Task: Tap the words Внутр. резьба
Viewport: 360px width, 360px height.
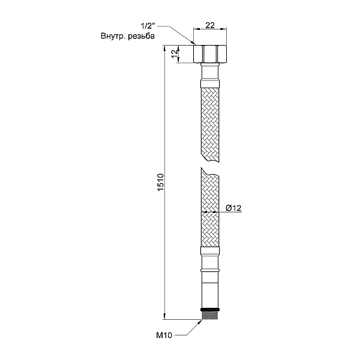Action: tap(128, 37)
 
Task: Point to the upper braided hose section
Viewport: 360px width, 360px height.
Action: tap(208, 123)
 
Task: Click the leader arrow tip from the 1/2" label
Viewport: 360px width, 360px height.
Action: tap(193, 43)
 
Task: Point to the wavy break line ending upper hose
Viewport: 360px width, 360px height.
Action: tap(208, 160)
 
